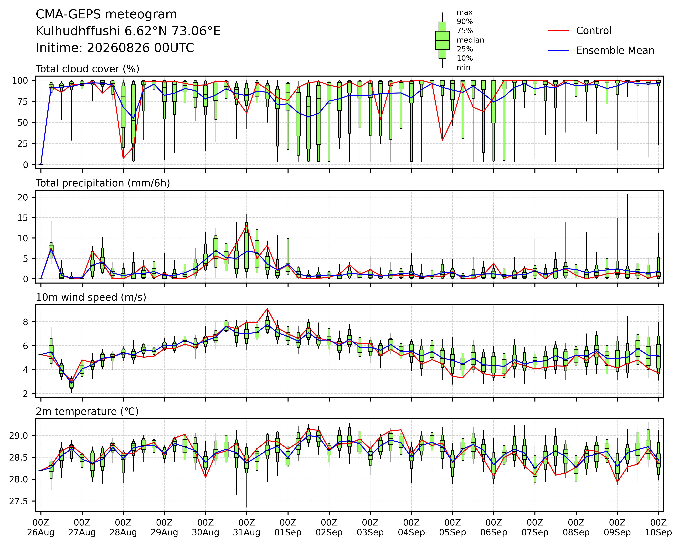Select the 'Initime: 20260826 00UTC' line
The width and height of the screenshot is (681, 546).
115,48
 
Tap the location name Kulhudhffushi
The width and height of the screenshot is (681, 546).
78,31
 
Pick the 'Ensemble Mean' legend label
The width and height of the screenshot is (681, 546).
615,51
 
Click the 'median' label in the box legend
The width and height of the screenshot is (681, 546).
470,40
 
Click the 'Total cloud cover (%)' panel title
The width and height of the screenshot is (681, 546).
88,69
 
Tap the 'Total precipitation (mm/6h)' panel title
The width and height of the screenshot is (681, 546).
103,183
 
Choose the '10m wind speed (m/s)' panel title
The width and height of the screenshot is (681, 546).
91,297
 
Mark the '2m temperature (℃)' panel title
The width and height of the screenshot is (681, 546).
87,411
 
